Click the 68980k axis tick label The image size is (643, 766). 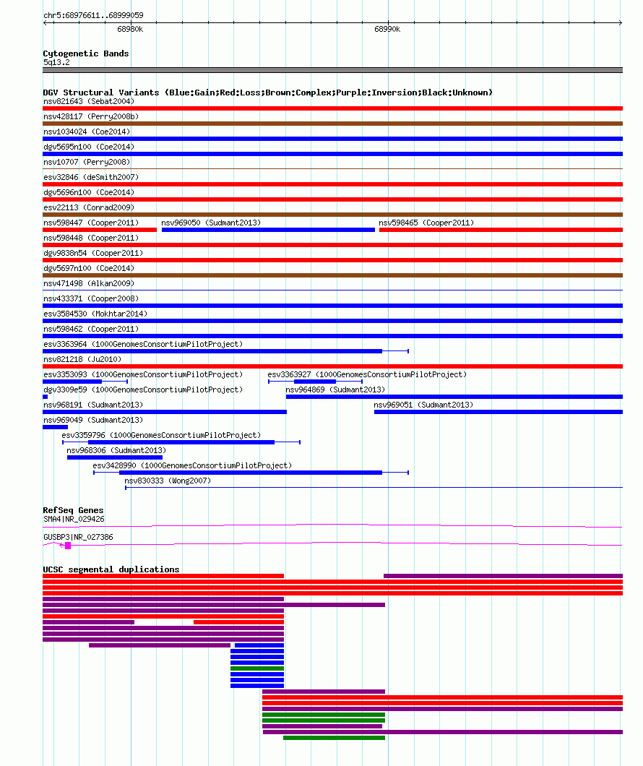[x=130, y=30]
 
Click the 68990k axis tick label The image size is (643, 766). [x=387, y=30]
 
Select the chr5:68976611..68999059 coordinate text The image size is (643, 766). [x=93, y=15]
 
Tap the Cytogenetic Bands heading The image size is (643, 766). [x=86, y=53]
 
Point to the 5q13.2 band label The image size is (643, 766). [x=56, y=63]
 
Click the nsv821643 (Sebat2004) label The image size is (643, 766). [x=89, y=102]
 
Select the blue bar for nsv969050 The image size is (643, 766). [x=268, y=230]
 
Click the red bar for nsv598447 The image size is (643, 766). [x=100, y=230]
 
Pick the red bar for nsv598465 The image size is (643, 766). [x=501, y=230]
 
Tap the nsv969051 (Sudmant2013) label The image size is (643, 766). [x=423, y=405]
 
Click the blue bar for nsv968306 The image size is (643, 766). [x=115, y=457]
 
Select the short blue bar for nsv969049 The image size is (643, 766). [x=55, y=427]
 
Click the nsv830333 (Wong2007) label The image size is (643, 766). [x=168, y=481]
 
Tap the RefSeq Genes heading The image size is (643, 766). [x=73, y=510]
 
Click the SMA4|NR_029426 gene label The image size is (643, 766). [x=74, y=520]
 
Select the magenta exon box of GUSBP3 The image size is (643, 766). [x=68, y=546]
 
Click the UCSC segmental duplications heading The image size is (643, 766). [x=111, y=569]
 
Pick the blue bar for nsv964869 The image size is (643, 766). [x=454, y=397]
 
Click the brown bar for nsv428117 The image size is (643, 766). [x=332, y=124]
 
